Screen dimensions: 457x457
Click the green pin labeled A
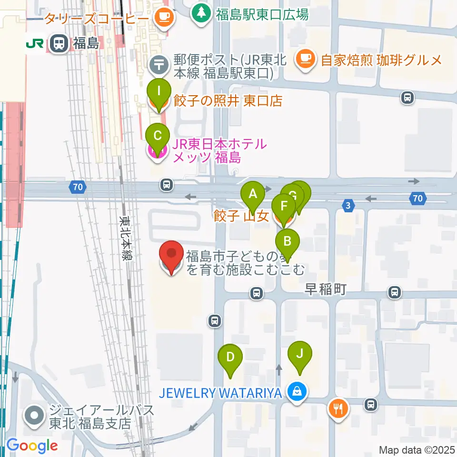tap(253, 194)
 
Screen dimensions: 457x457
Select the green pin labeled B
tap(287, 241)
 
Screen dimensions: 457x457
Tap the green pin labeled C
tap(158, 136)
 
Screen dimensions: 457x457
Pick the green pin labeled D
tap(230, 357)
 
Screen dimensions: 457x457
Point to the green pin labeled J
tap(300, 354)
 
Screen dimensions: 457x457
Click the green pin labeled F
tap(284, 207)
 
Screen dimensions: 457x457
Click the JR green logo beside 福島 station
tap(35, 44)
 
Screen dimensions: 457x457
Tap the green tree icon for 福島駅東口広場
tap(201, 13)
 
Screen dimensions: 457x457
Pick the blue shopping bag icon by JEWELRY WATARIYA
tap(297, 392)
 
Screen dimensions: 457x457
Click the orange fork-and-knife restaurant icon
tap(338, 408)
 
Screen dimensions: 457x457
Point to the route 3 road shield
tap(348, 205)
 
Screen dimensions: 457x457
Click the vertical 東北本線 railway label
tap(126, 238)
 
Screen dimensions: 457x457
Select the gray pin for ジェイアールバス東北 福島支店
tap(35, 416)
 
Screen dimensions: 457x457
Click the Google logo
tap(32, 446)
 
